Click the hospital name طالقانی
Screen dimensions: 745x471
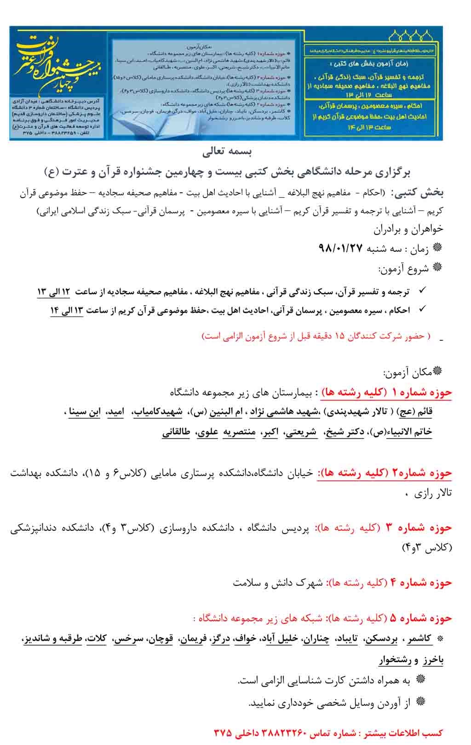pyautogui.click(x=176, y=432)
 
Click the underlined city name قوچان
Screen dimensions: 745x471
pyautogui.click(x=162, y=639)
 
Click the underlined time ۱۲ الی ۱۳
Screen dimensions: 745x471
pyautogui.click(x=53, y=292)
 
